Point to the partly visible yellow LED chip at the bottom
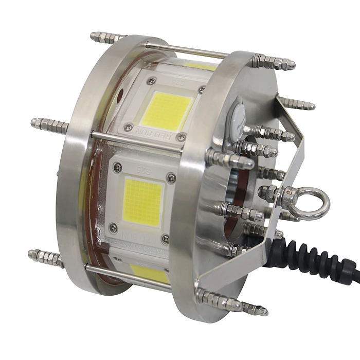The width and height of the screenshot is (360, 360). click(x=149, y=273)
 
